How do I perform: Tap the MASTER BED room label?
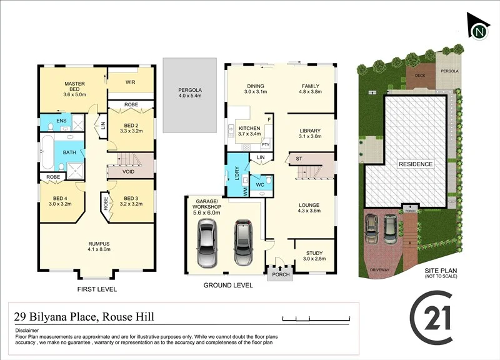[x=74, y=84]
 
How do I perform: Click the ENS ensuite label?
[x=61, y=121]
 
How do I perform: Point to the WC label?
[x=260, y=185]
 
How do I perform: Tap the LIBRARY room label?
[x=310, y=130]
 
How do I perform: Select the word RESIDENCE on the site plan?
[x=416, y=164]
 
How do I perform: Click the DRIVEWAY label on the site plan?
[x=379, y=270]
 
